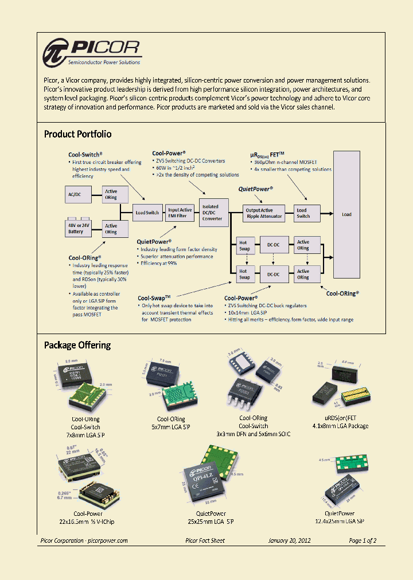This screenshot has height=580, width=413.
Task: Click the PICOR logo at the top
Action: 92,52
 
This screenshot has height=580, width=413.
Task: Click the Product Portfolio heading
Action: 77,134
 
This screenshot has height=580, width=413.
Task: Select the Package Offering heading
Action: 77,345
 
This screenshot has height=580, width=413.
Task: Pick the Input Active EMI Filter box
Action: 180,213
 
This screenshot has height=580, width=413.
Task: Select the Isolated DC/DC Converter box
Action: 212,213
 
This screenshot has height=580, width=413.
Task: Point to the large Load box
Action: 346,214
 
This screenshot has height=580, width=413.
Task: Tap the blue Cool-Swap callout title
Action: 154,298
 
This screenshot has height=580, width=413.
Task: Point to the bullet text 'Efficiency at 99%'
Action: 159,263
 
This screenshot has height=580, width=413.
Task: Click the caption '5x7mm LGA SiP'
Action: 171,427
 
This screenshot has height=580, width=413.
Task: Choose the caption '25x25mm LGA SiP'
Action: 211,521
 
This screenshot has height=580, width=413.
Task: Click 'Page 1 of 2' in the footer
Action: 363,540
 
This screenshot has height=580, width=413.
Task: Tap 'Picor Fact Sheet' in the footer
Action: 205,540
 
